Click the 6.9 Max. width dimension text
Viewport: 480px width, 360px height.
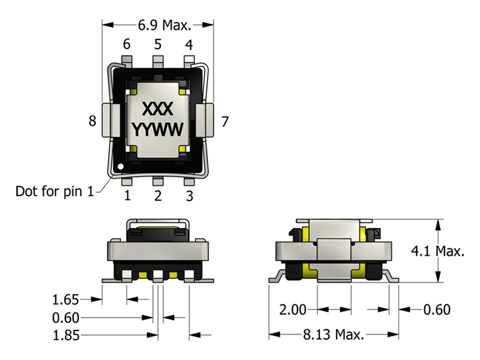pyautogui.click(x=164, y=25)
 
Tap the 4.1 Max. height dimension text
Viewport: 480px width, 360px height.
pyautogui.click(x=437, y=251)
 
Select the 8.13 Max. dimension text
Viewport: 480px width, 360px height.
pyautogui.click(x=334, y=334)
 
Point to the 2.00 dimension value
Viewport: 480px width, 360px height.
pyautogui.click(x=293, y=310)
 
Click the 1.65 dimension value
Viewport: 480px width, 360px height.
pyautogui.click(x=66, y=299)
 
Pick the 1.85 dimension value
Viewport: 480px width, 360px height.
pyautogui.click(x=66, y=335)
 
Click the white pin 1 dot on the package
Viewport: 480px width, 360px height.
pyautogui.click(x=121, y=167)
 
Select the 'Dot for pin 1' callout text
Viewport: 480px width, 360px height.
pyautogui.click(x=55, y=191)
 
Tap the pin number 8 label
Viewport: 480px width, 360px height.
pyautogui.click(x=92, y=121)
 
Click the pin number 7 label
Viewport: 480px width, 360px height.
pyautogui.click(x=225, y=122)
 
